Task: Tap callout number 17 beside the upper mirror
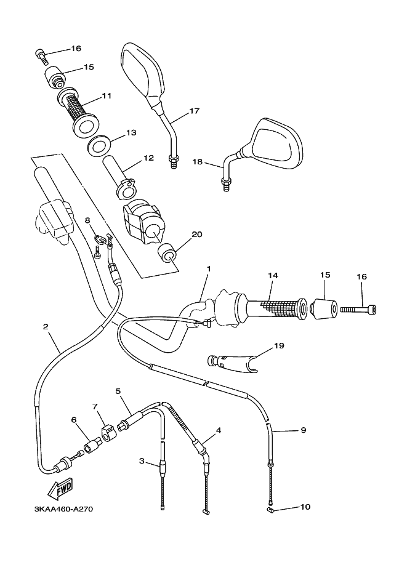tap(194, 111)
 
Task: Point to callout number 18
tap(198, 162)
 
